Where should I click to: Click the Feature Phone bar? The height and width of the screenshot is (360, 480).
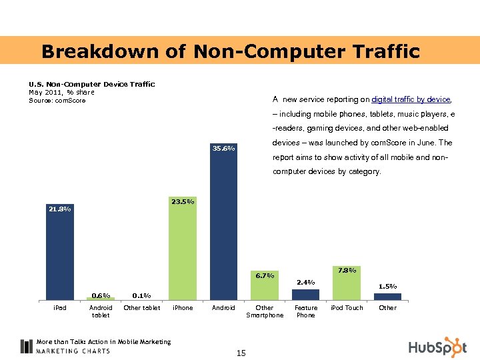point(305,294)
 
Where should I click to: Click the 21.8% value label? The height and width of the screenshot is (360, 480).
point(59,209)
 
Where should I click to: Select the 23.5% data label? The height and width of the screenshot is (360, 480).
point(182,201)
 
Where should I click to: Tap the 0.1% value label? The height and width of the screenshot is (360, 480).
point(141,295)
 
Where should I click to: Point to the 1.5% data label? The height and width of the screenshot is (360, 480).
point(387,286)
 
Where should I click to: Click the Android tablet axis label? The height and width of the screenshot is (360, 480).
point(101,311)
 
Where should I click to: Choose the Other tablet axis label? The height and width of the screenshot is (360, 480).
point(141,308)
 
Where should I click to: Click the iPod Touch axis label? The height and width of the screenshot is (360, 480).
point(347,308)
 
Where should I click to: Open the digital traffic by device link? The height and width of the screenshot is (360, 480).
point(411,99)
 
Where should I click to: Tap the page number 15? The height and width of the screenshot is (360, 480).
point(241,353)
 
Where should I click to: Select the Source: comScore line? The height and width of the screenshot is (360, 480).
point(57,101)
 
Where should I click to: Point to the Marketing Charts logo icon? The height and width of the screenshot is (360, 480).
point(27,346)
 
